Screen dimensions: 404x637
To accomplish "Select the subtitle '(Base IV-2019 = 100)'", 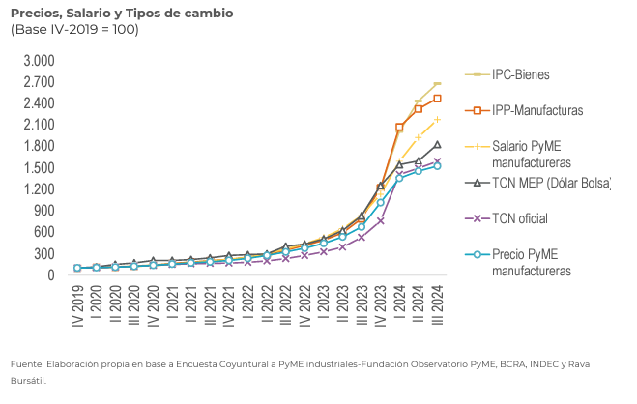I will point(74,30).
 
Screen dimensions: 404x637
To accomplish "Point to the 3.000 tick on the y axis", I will point(39,60).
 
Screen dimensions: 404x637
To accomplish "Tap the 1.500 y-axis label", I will point(39,167).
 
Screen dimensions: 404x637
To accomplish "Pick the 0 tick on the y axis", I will point(51,275).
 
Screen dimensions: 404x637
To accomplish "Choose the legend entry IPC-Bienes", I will point(521,74).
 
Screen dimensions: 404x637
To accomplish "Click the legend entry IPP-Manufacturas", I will point(537,110).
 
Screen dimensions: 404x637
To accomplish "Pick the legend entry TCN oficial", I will point(520,218).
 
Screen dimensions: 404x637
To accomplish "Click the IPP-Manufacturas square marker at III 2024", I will point(437,99).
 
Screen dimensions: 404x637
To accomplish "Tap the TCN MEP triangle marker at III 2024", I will point(437,145).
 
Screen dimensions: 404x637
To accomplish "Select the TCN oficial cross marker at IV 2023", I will point(380,220).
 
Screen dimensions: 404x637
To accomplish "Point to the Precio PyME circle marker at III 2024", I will point(437,166).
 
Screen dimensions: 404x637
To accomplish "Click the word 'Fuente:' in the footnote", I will point(28,363).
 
